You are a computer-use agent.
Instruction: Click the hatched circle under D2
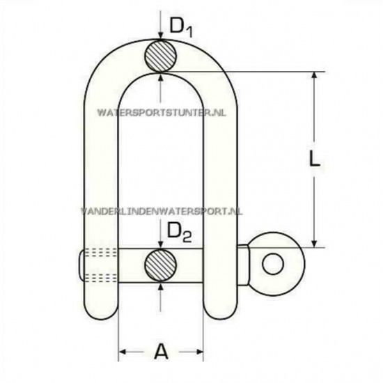[x=162, y=265]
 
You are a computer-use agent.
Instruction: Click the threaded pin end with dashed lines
[x=89, y=265]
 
